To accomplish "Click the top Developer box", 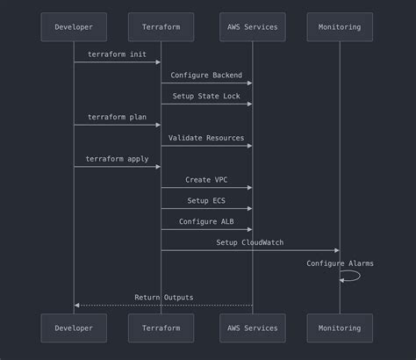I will pyautogui.click(x=74, y=27).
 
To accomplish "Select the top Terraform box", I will pyautogui.click(x=161, y=27).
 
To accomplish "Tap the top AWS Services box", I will pyautogui.click(x=253, y=27).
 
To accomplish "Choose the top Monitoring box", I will pyautogui.click(x=340, y=27).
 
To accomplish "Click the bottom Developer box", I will pyautogui.click(x=74, y=328).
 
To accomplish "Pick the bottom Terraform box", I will pyautogui.click(x=161, y=328).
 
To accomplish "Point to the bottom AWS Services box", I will pyautogui.click(x=253, y=328).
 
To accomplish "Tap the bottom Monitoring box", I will pyautogui.click(x=340, y=328).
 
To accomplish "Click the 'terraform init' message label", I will pyautogui.click(x=118, y=54).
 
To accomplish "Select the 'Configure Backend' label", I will pyautogui.click(x=206, y=76).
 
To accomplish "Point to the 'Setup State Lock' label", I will pyautogui.click(x=206, y=97).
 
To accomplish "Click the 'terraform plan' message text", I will pyautogui.click(x=118, y=117).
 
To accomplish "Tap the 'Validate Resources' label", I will pyautogui.click(x=206, y=138).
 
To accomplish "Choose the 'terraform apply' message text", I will pyautogui.click(x=118, y=159).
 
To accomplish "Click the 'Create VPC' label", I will pyautogui.click(x=206, y=180).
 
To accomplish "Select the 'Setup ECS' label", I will pyautogui.click(x=206, y=201).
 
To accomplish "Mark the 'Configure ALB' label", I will pyautogui.click(x=206, y=221).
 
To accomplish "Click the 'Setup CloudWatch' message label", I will pyautogui.click(x=250, y=242).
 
